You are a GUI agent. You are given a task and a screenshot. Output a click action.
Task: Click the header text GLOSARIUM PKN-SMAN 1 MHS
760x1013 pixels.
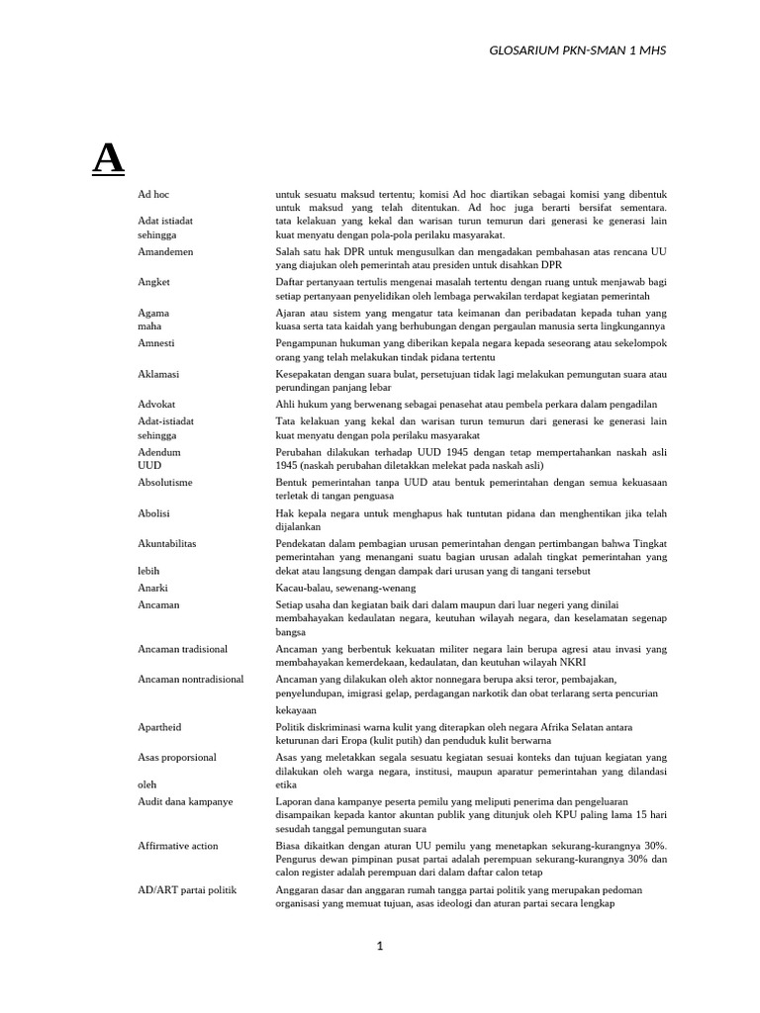point(578,49)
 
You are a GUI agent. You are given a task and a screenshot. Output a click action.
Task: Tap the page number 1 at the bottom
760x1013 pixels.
point(379,946)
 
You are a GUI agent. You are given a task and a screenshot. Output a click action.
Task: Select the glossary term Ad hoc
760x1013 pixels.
point(154,195)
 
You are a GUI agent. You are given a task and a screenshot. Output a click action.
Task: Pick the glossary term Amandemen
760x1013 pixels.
point(166,252)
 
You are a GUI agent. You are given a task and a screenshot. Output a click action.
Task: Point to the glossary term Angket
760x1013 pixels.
point(153,282)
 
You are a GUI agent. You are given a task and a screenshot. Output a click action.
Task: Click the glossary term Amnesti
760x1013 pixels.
point(156,343)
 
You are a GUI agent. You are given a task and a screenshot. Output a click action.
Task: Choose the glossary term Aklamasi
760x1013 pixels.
point(158,374)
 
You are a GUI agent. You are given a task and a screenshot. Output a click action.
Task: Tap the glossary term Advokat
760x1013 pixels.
point(157,404)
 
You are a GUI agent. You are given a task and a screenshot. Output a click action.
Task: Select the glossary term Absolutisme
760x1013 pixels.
point(165,482)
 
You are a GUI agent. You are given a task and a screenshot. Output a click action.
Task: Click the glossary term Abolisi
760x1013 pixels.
point(154,513)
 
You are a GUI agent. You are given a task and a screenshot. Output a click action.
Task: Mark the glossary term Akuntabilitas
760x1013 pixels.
point(167,543)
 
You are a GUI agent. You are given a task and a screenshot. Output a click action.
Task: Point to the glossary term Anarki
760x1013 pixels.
point(153,588)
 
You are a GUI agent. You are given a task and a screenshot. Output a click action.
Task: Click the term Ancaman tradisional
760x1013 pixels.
point(183,649)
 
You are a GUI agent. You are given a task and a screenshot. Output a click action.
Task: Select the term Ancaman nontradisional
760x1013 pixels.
point(191,680)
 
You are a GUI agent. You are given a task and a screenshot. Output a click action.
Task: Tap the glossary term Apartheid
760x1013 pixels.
point(159,727)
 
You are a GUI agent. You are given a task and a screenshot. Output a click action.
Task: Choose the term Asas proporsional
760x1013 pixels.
point(177,757)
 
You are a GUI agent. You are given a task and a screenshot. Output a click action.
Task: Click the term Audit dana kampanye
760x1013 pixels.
point(185,801)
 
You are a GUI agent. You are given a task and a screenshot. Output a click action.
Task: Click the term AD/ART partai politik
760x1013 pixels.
point(187,890)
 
